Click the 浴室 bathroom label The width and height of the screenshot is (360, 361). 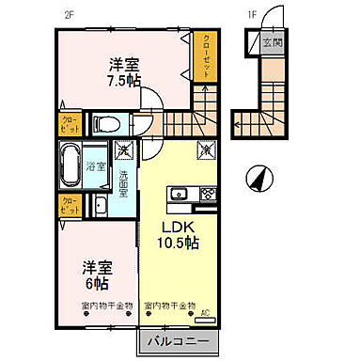tap(96, 165)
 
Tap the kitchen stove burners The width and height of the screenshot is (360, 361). tap(207, 195)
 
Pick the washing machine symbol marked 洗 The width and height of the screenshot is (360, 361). tap(123, 149)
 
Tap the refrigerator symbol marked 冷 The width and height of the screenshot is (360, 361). tap(205, 149)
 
